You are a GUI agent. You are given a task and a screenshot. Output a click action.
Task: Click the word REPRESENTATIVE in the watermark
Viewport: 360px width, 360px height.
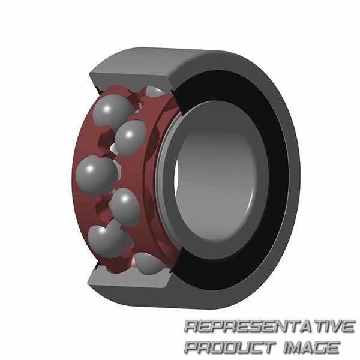[269, 326]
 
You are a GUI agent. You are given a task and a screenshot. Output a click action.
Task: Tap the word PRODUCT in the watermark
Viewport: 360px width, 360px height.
[230, 347]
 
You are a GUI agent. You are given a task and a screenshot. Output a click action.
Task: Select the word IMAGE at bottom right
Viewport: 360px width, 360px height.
[311, 347]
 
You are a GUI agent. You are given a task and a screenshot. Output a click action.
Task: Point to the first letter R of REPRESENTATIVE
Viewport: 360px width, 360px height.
[193, 326]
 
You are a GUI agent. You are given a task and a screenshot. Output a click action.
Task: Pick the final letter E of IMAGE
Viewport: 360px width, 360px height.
[333, 347]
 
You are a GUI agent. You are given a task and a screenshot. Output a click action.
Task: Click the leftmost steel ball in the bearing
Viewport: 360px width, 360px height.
[97, 175]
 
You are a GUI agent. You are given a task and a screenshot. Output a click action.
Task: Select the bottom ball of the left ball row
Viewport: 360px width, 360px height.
[109, 241]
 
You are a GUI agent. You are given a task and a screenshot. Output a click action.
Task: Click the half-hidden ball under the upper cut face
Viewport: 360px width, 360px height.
[154, 92]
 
